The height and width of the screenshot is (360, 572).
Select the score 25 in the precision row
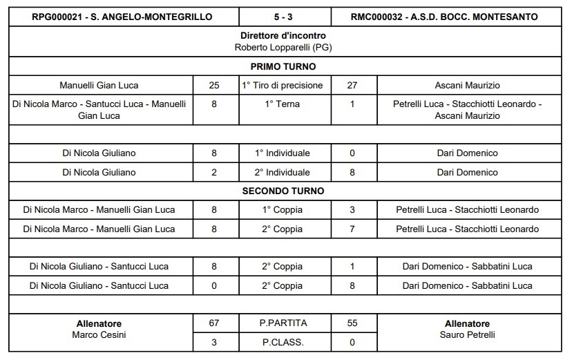214,86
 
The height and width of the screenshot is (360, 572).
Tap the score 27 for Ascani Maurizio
352,86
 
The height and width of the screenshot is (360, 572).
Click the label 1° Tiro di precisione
283,86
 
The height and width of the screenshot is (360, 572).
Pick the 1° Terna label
283,104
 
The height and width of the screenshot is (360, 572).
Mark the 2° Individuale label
283,172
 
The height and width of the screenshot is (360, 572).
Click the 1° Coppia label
283,209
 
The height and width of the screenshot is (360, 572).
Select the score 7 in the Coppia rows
352,229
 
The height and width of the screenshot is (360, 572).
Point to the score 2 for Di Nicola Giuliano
214,172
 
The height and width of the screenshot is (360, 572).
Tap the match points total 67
214,323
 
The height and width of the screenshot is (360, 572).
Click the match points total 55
352,323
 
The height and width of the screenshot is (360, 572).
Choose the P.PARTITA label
283,323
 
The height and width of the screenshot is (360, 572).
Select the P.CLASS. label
283,341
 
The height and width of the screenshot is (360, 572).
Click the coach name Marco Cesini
99,335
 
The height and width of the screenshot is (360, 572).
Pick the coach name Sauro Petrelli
468,335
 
